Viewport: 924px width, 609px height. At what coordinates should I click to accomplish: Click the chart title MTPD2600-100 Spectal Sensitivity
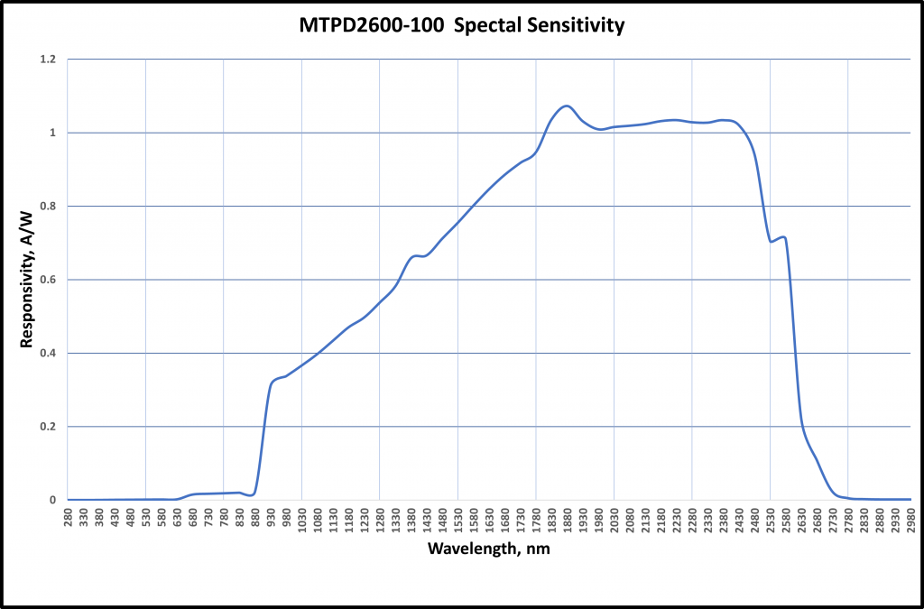(462, 25)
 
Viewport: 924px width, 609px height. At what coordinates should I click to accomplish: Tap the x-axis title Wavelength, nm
(488, 549)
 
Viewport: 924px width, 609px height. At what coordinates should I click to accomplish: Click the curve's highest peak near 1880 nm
(566, 106)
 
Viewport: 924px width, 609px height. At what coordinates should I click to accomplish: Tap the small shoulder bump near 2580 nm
(784, 237)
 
